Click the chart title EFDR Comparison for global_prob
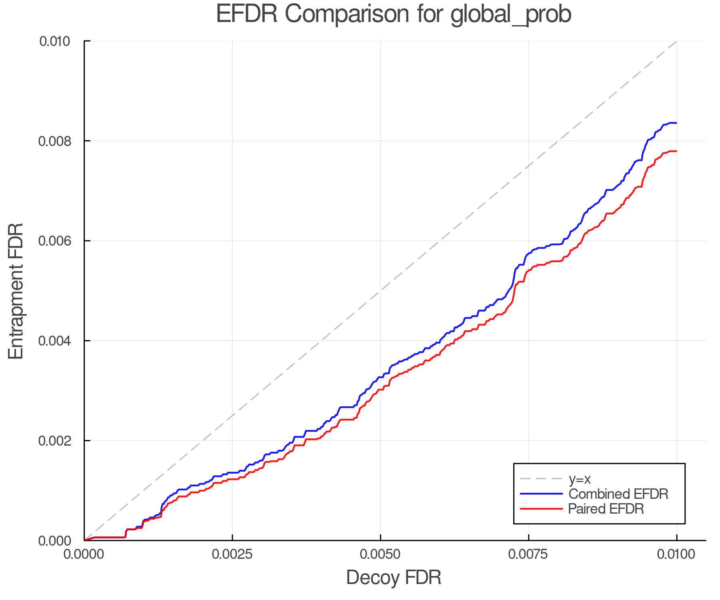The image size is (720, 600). [394, 14]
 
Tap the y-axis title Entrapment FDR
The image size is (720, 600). [16, 291]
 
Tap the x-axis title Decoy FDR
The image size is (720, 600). [394, 578]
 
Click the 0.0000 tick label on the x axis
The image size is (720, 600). [84, 554]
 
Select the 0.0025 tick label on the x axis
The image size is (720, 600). [232, 554]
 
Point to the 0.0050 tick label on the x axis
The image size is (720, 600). [380, 554]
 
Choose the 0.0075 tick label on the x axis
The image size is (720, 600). [528, 554]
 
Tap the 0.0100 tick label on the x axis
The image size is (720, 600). [676, 554]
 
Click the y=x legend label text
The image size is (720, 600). [580, 479]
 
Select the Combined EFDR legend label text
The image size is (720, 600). [618, 494]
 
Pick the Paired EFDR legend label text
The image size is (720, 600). [606, 509]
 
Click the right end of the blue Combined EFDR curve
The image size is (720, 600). [676, 123]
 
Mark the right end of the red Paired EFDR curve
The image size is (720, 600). [676, 151]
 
